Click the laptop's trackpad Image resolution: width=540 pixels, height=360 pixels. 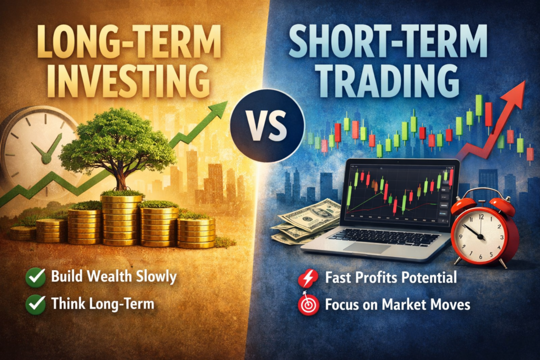pyautogui.click(x=367, y=248)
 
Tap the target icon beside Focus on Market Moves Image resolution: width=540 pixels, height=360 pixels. pyautogui.click(x=307, y=305)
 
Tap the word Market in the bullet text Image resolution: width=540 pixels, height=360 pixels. pyautogui.click(x=394, y=305)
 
